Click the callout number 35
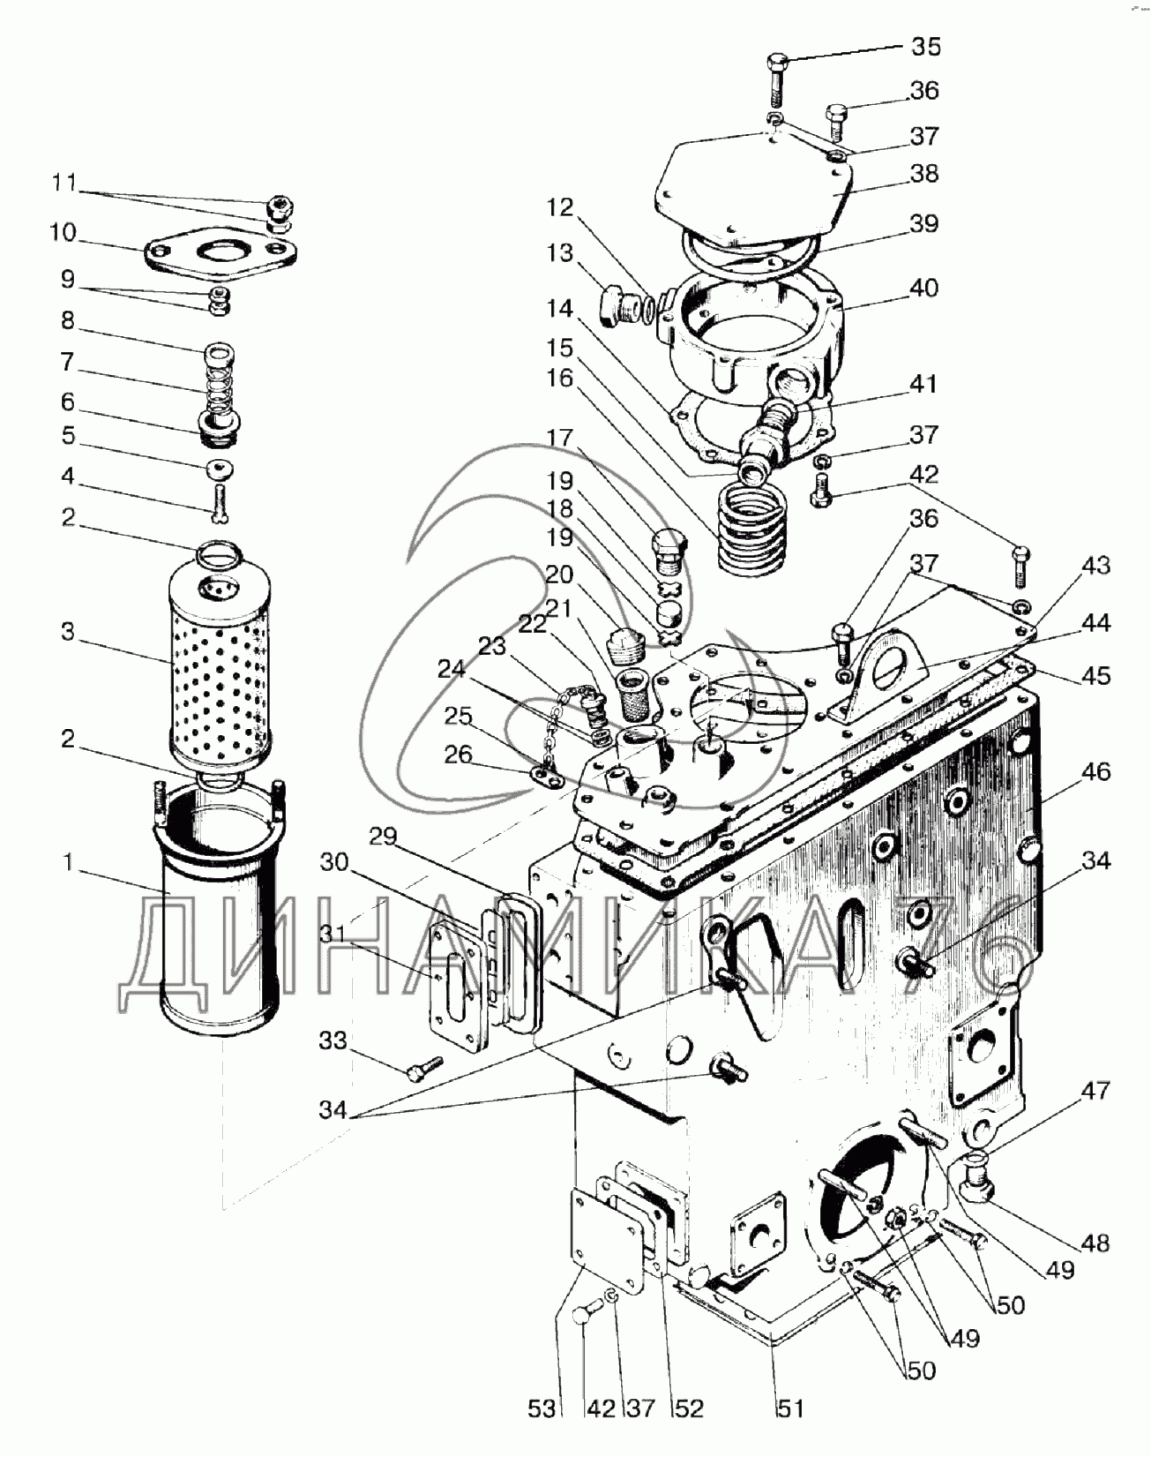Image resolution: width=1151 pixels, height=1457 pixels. coord(926,47)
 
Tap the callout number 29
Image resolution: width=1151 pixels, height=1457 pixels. coord(384,837)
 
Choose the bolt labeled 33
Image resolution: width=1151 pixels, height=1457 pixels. coord(424,1070)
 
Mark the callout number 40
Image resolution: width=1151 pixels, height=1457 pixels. coord(923,289)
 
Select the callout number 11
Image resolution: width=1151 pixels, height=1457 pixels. coord(64,184)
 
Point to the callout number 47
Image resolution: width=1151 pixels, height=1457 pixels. coord(1096,1091)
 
